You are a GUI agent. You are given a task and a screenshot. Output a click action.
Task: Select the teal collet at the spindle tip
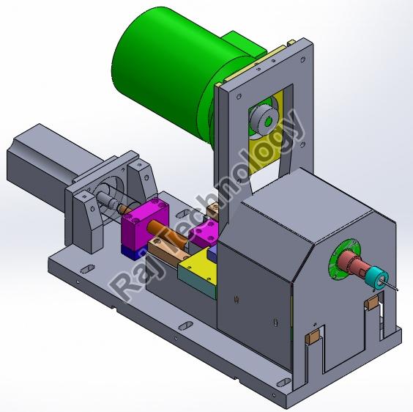pyautogui.click(x=377, y=279)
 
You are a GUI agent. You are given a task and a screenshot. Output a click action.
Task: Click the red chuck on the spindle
pyautogui.click(x=352, y=262)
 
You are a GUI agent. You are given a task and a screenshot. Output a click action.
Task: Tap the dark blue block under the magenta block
pyautogui.click(x=132, y=253)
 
